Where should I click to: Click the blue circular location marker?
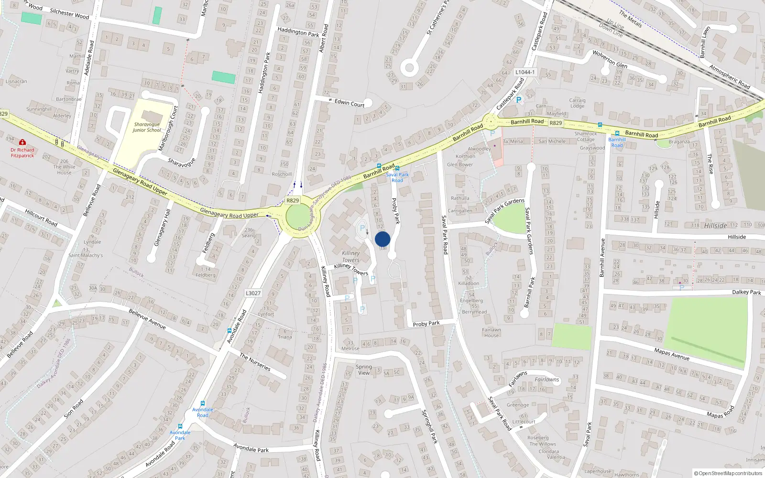(382, 239)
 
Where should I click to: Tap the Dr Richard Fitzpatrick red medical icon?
(22, 142)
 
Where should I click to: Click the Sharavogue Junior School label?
(147, 127)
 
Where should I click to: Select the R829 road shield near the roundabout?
(293, 201)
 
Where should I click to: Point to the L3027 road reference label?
(253, 293)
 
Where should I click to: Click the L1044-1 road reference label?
(525, 72)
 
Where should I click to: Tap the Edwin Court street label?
(350, 103)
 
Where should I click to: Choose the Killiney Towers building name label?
(350, 257)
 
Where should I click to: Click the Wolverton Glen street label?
(610, 59)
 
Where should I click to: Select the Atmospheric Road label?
(730, 76)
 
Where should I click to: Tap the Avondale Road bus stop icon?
(203, 403)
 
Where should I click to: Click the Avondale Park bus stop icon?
(180, 426)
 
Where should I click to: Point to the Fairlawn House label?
(492, 332)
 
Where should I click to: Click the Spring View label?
(364, 369)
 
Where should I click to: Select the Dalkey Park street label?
(746, 292)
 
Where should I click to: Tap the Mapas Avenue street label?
(672, 354)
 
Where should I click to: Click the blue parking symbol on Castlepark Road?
(519, 100)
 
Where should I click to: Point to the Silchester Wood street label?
(70, 14)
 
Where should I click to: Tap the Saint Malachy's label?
(86, 255)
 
